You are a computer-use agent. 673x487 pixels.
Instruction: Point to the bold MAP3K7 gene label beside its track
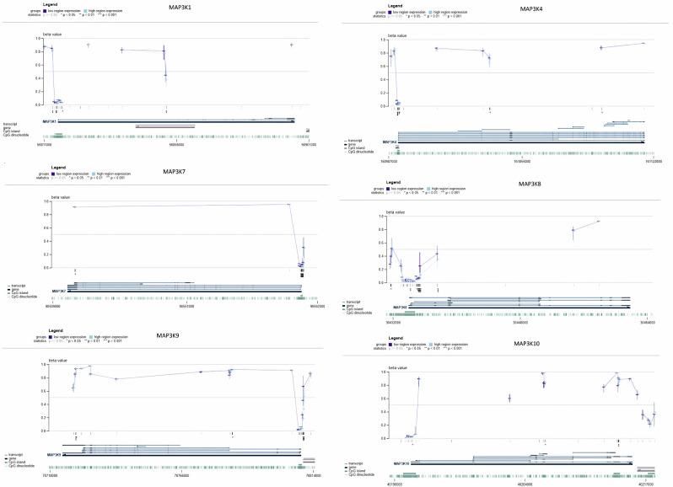pos(59,291)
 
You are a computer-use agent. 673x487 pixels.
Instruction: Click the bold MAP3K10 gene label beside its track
pos(401,463)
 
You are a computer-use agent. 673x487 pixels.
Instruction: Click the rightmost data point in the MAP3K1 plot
pos(291,45)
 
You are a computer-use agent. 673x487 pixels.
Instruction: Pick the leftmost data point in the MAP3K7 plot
pos(74,206)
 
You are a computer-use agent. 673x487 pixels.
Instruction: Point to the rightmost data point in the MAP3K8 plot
pos(598,222)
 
